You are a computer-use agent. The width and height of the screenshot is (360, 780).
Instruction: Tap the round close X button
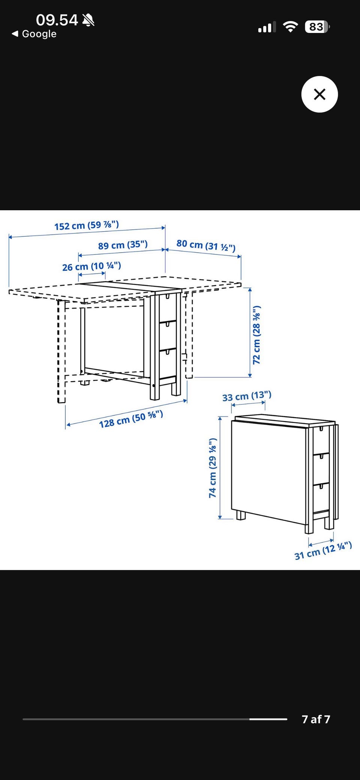[x=319, y=94]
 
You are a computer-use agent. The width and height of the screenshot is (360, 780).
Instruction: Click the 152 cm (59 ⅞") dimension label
[x=87, y=225]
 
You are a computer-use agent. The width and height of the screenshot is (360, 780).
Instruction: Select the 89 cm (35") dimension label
[x=123, y=245]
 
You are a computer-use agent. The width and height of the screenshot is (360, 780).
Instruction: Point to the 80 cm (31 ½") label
[x=206, y=245]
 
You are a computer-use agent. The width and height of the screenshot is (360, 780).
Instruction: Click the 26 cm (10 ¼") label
[x=91, y=266]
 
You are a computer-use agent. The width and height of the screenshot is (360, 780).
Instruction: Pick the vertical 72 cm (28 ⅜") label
[x=256, y=335]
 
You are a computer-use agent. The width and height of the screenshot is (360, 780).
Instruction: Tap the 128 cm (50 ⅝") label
[x=131, y=419]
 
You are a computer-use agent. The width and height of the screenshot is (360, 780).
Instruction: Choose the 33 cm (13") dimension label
[x=247, y=396]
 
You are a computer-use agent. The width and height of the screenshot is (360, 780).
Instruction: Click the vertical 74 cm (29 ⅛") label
[x=213, y=468]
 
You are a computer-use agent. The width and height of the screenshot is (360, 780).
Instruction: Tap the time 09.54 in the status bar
[x=57, y=20]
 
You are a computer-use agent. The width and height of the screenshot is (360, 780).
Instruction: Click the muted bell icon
[x=88, y=20]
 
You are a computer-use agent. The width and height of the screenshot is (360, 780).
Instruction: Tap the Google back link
[x=34, y=34]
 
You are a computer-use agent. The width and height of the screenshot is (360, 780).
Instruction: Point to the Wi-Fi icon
[x=290, y=27]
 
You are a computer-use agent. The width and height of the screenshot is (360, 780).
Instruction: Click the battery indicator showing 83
[x=317, y=27]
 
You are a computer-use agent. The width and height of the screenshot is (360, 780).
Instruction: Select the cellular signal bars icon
[x=267, y=27]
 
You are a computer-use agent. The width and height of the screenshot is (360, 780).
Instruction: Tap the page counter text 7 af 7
[x=316, y=719]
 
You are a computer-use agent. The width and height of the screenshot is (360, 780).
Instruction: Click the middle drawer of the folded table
[x=321, y=469]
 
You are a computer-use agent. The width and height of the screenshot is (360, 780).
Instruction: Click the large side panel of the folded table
[x=268, y=472]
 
